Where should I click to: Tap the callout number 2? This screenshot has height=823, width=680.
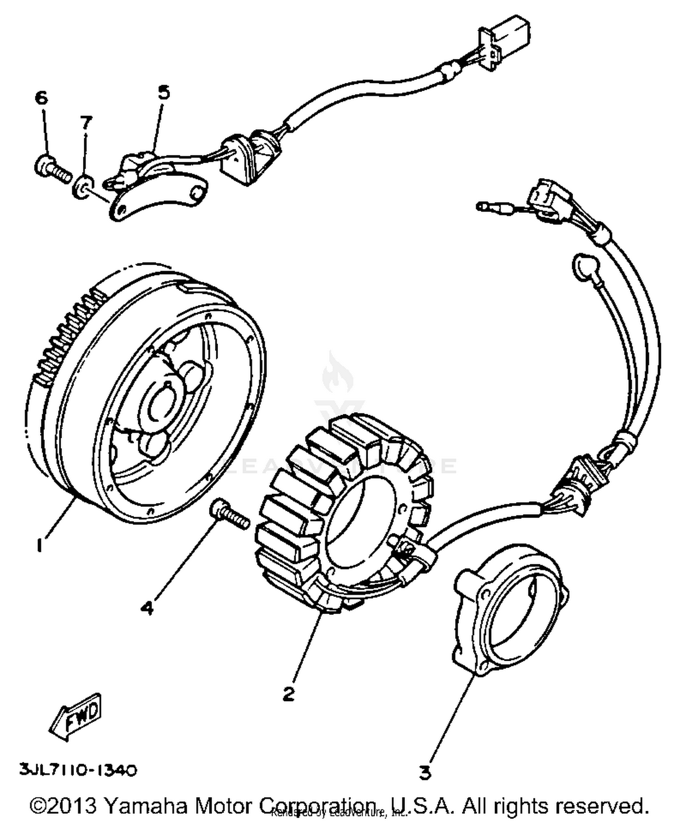288,693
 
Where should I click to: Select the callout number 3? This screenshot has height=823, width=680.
424,772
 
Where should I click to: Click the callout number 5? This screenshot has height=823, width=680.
164,92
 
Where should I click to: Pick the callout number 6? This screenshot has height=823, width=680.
41,97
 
